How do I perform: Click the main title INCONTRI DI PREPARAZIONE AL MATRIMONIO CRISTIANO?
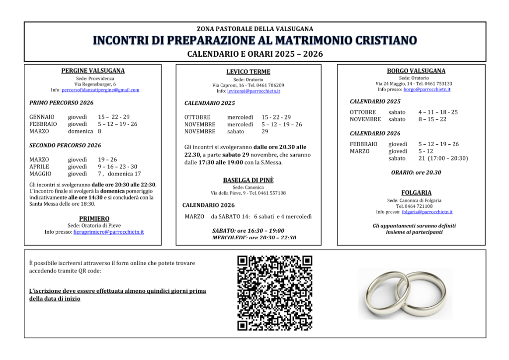click(x=255, y=41)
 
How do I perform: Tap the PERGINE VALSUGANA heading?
click(x=93, y=71)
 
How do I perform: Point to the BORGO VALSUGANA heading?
click(x=416, y=71)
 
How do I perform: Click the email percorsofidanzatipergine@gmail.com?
click(x=100, y=90)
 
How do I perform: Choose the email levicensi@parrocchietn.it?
click(x=254, y=91)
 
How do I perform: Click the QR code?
click(x=275, y=293)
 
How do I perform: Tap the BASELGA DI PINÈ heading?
click(x=248, y=180)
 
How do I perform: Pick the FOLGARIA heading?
click(x=416, y=192)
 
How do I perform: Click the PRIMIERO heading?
click(x=94, y=218)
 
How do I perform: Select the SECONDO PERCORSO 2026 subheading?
click(x=65, y=145)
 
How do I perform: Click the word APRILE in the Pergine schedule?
click(x=39, y=167)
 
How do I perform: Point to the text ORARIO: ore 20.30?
click(x=416, y=173)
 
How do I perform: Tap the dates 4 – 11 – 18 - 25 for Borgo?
click(x=438, y=112)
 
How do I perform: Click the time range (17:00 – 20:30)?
click(x=449, y=159)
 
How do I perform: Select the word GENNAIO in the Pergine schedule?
click(x=42, y=117)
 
